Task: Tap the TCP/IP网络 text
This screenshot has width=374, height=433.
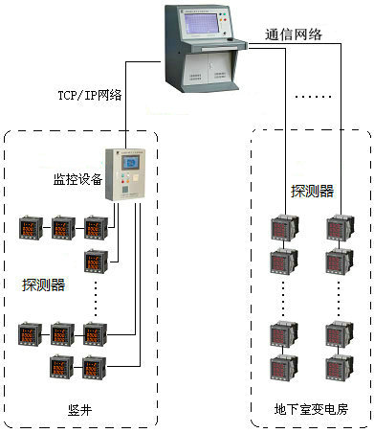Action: (x=90, y=94)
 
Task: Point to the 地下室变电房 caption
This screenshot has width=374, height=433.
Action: (x=310, y=409)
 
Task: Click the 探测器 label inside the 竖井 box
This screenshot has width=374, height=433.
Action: (x=44, y=285)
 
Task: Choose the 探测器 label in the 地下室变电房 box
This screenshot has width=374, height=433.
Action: (x=313, y=191)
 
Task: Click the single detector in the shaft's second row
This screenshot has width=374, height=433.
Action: (x=95, y=260)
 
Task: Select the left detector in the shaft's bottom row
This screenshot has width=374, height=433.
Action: (x=62, y=366)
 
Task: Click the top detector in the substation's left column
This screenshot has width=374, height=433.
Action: (x=282, y=229)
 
